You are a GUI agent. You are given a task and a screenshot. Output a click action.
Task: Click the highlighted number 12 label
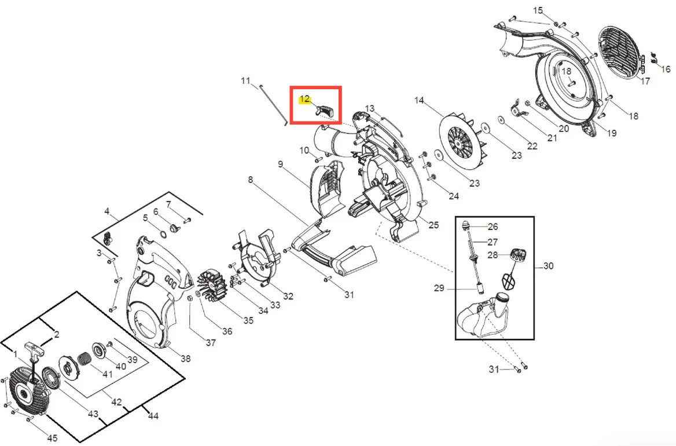(x=305, y=99)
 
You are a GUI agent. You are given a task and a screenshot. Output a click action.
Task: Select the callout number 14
(x=419, y=100)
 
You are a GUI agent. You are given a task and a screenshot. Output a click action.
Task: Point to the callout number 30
(x=548, y=266)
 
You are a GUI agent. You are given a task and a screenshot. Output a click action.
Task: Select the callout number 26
(x=493, y=226)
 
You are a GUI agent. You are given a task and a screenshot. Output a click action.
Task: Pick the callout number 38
(x=185, y=359)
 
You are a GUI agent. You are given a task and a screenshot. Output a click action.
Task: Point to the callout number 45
(x=52, y=438)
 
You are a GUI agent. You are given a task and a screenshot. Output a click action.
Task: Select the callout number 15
(x=538, y=10)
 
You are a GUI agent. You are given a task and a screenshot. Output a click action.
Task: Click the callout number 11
(x=245, y=81)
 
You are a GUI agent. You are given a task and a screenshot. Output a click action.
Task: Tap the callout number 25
(x=433, y=225)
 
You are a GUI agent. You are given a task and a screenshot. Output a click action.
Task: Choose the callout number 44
(x=153, y=416)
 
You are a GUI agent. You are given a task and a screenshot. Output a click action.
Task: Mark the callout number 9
(x=281, y=164)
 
